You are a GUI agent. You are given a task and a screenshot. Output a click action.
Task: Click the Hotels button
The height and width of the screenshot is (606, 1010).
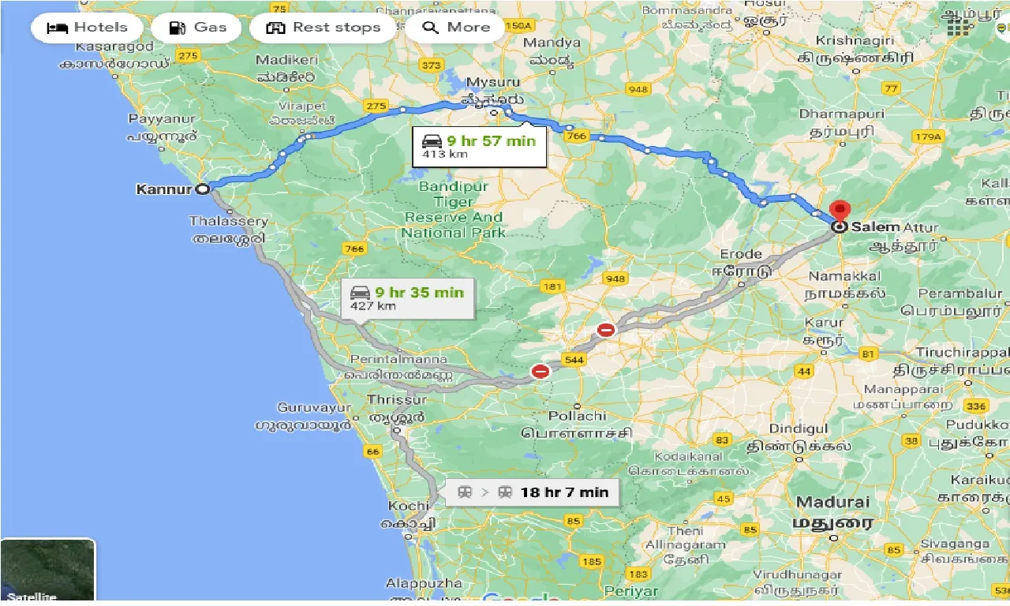click(x=87, y=28)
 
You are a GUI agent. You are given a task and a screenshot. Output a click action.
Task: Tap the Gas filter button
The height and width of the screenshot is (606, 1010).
click(x=200, y=28)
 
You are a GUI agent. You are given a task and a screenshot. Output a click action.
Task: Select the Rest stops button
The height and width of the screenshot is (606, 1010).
click(x=324, y=28)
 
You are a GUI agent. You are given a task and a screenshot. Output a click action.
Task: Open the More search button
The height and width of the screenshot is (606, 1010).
click(x=457, y=28)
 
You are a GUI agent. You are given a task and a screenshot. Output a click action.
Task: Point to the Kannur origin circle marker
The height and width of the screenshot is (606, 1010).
click(x=203, y=189)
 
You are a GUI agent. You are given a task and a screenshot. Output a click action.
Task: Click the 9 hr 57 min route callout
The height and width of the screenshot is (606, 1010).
click(x=479, y=146)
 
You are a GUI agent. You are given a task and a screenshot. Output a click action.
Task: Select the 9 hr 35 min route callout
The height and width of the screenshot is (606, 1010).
click(x=407, y=297)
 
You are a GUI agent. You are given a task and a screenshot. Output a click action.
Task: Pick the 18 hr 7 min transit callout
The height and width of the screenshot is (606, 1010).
click(x=533, y=492)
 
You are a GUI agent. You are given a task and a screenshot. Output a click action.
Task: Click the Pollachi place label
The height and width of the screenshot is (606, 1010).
click(x=574, y=415)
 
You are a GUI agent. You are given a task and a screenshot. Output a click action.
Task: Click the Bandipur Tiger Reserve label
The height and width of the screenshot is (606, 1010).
click(x=454, y=209)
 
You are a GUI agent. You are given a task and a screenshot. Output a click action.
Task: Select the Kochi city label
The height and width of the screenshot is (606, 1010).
click(x=408, y=504)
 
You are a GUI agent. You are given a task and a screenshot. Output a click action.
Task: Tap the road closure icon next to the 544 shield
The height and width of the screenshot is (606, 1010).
click(x=541, y=370)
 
